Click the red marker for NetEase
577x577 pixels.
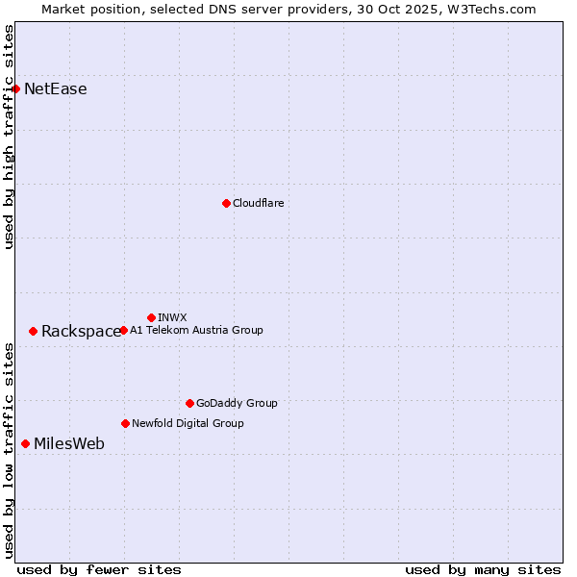(15, 89)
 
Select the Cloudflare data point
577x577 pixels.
(226, 203)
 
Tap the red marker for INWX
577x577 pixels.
(151, 317)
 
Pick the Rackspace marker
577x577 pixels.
(33, 331)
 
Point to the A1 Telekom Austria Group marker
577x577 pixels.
(123, 330)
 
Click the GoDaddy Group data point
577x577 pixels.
(189, 403)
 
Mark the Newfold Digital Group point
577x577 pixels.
(125, 423)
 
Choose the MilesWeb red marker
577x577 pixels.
(25, 443)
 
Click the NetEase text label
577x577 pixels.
(56, 89)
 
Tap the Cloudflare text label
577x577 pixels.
(259, 203)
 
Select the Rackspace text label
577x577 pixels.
(82, 332)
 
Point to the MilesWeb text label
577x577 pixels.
(69, 444)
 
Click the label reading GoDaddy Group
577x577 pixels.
(237, 403)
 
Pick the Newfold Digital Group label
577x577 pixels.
(188, 423)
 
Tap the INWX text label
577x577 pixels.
(172, 317)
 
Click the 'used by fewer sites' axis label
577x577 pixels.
(99, 569)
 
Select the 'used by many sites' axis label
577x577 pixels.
(483, 569)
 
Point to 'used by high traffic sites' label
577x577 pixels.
(10, 137)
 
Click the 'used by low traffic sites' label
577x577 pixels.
(10, 449)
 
